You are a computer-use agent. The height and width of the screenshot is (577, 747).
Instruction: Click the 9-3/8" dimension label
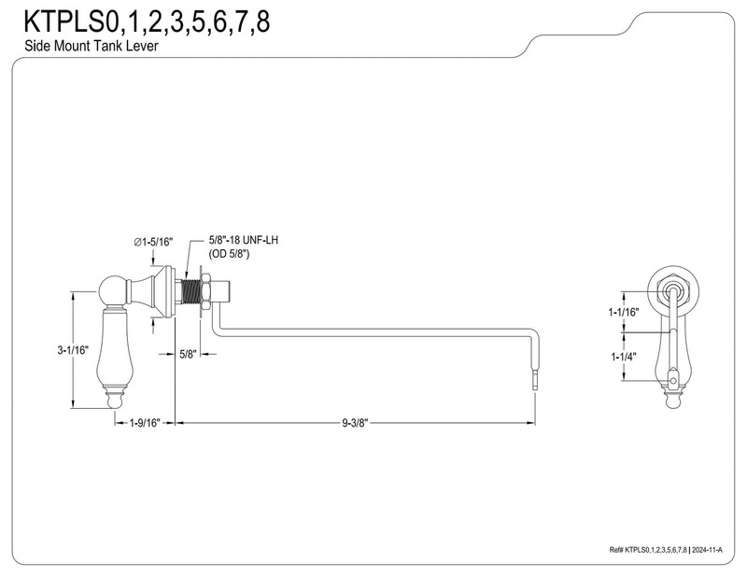pyautogui.click(x=356, y=423)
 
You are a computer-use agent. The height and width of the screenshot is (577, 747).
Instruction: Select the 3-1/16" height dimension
pyautogui.click(x=73, y=350)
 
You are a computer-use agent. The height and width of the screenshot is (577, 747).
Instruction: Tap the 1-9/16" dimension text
pyautogui.click(x=146, y=423)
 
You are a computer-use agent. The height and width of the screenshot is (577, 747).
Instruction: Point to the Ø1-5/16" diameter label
pyautogui.click(x=153, y=243)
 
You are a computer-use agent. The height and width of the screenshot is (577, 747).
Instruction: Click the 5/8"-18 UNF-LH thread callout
pyautogui.click(x=244, y=240)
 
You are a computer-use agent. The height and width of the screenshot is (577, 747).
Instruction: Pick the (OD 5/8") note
pyautogui.click(x=229, y=254)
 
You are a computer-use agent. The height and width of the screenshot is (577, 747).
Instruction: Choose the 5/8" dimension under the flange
pyautogui.click(x=188, y=354)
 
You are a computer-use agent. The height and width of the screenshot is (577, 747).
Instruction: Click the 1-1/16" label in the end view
pyautogui.click(x=624, y=312)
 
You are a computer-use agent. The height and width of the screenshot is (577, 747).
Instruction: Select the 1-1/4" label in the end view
pyautogui.click(x=624, y=357)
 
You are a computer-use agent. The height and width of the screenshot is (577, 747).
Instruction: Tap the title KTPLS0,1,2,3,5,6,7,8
pyautogui.click(x=147, y=21)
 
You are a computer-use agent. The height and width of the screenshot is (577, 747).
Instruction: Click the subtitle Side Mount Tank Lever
pyautogui.click(x=91, y=47)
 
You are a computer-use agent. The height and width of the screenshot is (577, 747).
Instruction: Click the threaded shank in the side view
pyautogui.click(x=191, y=290)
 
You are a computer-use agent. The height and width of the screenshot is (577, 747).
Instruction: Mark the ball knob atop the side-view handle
pyautogui.click(x=112, y=290)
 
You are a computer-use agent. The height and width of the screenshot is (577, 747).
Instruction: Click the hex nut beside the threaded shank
pyautogui.click(x=206, y=290)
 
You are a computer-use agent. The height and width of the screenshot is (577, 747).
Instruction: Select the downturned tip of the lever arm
pyautogui.click(x=535, y=379)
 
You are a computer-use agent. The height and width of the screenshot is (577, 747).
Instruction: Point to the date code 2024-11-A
pyautogui.click(x=707, y=550)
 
